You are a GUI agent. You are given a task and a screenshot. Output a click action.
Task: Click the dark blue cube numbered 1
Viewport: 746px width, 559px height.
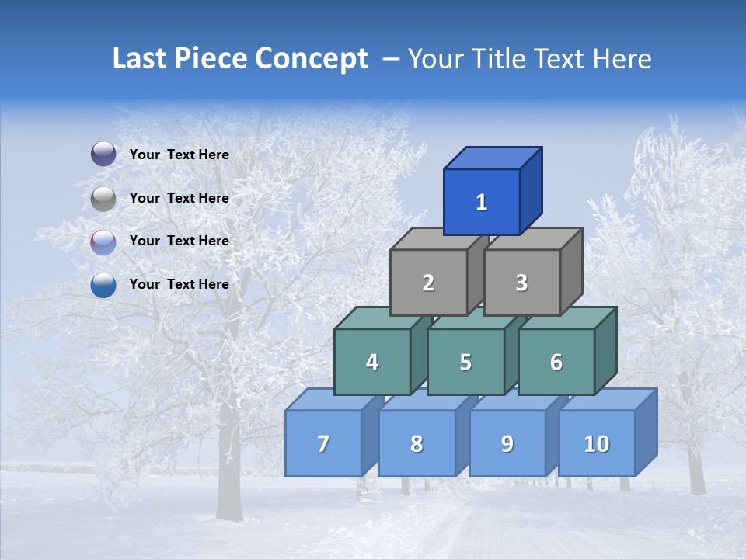(482, 202)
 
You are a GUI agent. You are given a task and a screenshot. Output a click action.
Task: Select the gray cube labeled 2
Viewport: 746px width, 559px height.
(428, 283)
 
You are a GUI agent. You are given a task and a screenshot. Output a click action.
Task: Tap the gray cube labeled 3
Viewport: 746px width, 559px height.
(521, 283)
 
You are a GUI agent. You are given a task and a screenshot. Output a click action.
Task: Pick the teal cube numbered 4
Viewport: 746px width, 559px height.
(372, 362)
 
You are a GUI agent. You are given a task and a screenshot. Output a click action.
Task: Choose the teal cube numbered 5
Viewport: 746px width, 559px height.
(465, 362)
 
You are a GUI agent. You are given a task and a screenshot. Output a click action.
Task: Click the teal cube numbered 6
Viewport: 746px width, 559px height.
(556, 362)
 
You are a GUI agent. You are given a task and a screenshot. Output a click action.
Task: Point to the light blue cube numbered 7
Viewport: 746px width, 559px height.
(323, 443)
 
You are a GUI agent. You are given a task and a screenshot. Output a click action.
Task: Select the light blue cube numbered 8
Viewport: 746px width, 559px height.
(417, 443)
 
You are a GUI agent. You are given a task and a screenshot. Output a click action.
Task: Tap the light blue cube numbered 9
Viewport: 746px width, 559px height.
(507, 443)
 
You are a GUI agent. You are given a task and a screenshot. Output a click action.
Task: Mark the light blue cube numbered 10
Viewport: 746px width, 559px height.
(596, 443)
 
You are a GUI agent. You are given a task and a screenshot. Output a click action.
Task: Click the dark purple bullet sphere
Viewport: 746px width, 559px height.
(103, 155)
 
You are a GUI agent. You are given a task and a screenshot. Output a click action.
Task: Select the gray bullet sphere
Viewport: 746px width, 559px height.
(103, 199)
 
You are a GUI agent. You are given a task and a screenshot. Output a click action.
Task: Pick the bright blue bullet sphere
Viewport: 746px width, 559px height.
(103, 285)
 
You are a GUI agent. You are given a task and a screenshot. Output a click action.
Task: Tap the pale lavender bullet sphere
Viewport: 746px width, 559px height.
(103, 242)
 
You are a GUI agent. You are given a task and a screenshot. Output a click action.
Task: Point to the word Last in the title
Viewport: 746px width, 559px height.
(140, 59)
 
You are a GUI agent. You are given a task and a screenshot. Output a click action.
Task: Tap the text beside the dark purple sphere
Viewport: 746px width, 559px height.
(179, 155)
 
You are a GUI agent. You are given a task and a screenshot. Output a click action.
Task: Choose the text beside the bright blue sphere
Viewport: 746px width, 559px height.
(179, 284)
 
